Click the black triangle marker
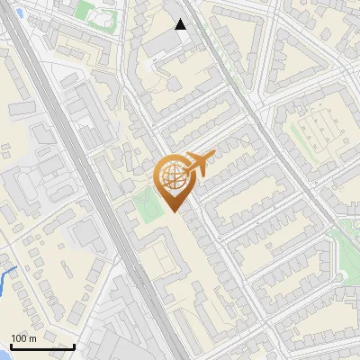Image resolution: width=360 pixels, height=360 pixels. point(181,24)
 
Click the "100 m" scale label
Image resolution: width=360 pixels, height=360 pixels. point(23,338)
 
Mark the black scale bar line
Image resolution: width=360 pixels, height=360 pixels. point(42,346)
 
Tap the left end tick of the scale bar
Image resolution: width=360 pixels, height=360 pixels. point(11,346)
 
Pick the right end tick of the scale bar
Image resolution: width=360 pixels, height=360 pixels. point(74,346)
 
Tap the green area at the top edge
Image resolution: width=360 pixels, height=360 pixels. point(90,11)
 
